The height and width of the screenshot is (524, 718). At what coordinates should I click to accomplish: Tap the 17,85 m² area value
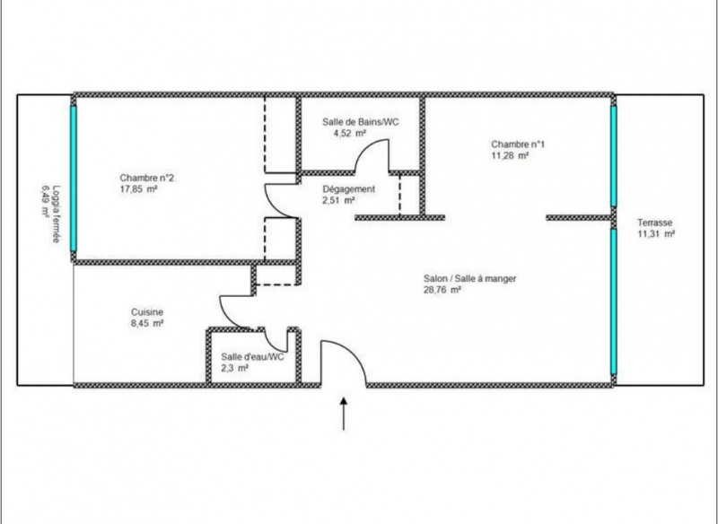click(139, 189)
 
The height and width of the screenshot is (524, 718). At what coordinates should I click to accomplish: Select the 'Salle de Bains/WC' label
click(361, 122)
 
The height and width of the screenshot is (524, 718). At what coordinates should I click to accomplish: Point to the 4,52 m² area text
click(350, 133)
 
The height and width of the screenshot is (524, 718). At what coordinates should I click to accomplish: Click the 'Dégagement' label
click(348, 189)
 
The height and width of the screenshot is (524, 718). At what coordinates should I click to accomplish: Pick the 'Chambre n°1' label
click(518, 144)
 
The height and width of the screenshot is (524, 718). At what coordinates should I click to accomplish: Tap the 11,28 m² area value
click(510, 155)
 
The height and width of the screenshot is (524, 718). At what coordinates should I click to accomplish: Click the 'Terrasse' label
click(655, 223)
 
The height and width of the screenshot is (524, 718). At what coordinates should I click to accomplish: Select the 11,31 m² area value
click(656, 234)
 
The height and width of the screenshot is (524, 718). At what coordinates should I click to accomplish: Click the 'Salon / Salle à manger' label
click(469, 278)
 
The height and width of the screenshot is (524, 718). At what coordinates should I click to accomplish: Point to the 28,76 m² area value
click(442, 290)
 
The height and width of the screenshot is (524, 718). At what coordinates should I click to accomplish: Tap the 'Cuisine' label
click(147, 312)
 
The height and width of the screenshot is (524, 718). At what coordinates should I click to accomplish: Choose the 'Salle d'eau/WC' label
click(252, 356)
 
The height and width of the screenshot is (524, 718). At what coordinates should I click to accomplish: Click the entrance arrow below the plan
click(344, 414)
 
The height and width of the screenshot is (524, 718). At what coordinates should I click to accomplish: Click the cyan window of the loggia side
click(74, 179)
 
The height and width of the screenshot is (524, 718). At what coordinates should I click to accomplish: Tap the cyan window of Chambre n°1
click(614, 156)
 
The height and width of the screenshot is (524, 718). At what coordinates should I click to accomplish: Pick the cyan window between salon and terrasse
click(614, 301)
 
